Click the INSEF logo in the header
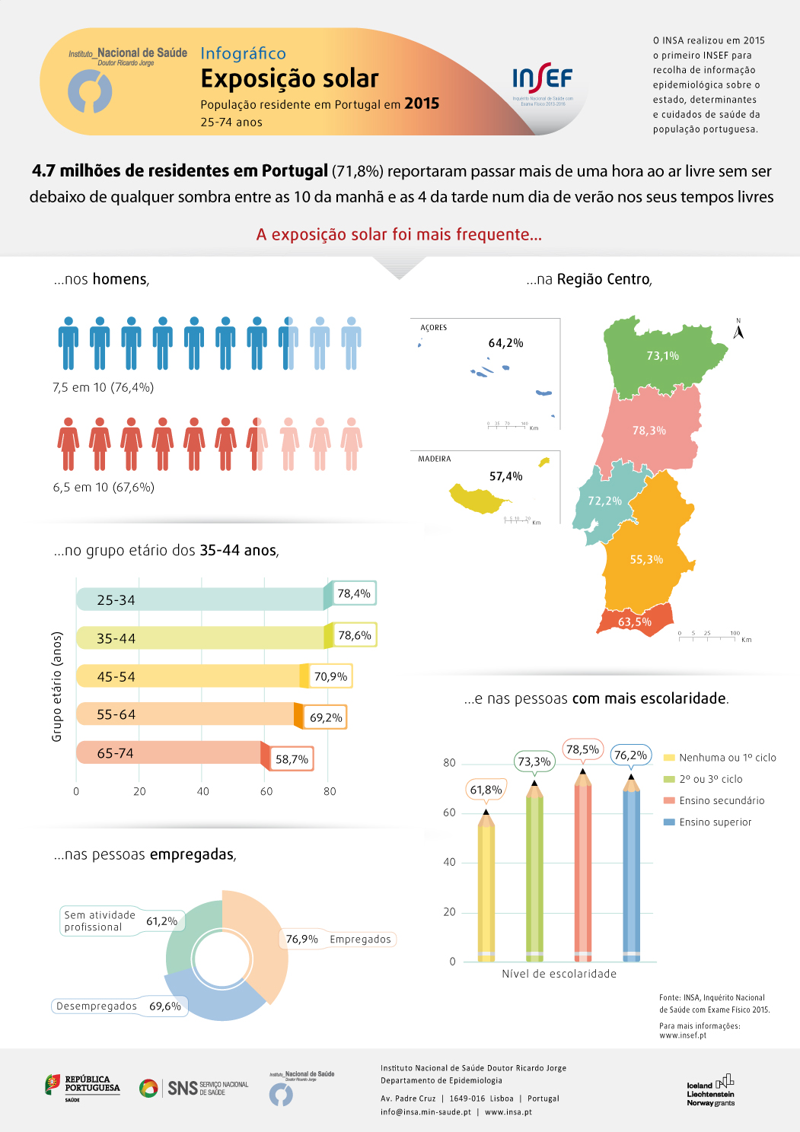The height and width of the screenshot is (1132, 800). click(x=542, y=79)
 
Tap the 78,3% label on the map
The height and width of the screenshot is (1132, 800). click(x=649, y=431)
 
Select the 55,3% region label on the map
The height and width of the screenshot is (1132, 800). click(x=646, y=560)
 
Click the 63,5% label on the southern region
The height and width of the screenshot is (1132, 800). click(x=634, y=622)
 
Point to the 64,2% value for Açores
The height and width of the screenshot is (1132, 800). click(x=505, y=343)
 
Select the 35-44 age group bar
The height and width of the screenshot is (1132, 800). click(x=202, y=638)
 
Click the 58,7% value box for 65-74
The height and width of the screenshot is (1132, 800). click(x=292, y=759)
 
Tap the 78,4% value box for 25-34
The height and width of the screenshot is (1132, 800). click(x=354, y=593)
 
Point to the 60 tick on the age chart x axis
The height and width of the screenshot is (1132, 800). click(x=266, y=791)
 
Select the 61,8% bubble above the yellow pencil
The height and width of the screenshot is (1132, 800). click(x=486, y=790)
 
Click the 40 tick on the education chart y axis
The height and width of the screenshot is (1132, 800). click(x=449, y=862)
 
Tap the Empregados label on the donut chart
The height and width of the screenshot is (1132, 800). click(x=360, y=940)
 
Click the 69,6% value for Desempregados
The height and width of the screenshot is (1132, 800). click(x=165, y=1006)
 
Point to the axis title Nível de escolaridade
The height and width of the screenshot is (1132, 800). click(x=559, y=974)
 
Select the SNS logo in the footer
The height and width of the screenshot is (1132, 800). click(x=194, y=1088)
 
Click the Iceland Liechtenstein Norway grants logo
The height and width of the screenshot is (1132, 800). click(x=710, y=1092)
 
